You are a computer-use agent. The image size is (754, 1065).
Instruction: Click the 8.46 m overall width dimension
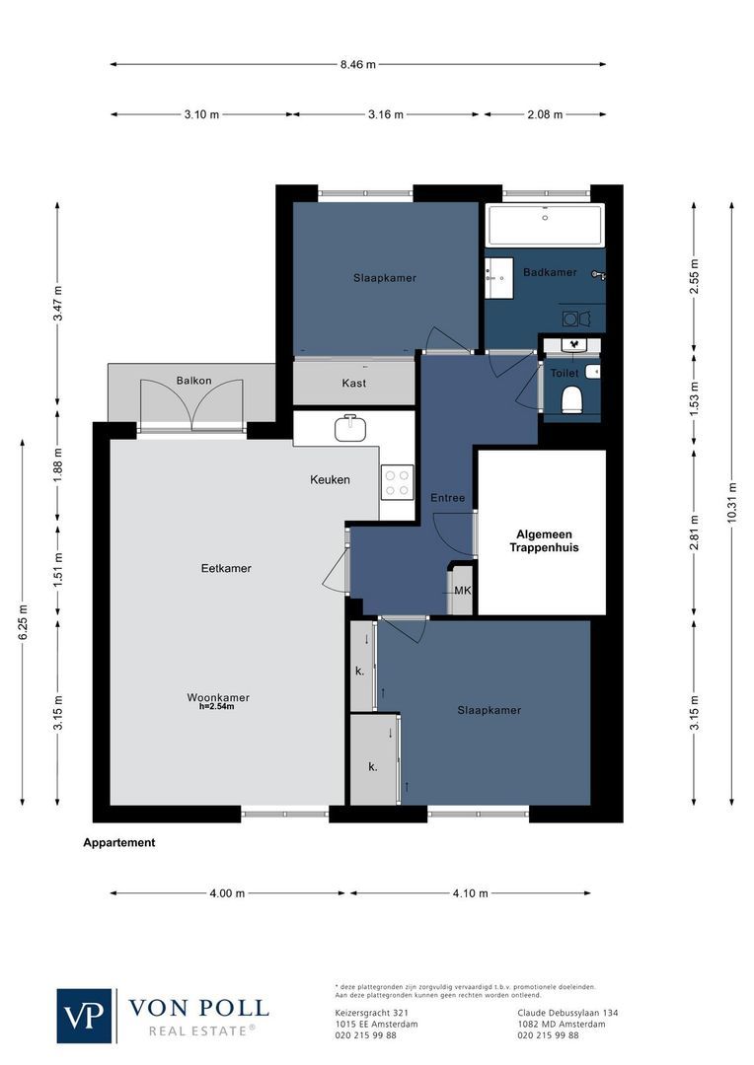click(x=357, y=64)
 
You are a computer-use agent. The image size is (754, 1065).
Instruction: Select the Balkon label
click(x=193, y=381)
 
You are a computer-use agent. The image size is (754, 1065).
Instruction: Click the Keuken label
click(x=330, y=480)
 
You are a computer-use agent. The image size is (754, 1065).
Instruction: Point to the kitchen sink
click(x=348, y=428)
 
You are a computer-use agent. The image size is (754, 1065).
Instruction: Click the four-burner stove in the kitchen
click(x=397, y=482)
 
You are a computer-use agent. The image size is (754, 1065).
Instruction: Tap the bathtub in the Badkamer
click(x=545, y=225)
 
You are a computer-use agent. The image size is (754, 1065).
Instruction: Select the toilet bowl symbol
click(x=571, y=399)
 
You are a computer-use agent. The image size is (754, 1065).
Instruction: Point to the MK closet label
click(x=462, y=592)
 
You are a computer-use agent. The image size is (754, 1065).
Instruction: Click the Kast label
click(x=354, y=383)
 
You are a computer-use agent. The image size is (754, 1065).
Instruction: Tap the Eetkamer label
click(x=226, y=568)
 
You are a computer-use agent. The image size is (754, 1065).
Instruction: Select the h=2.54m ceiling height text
click(x=218, y=706)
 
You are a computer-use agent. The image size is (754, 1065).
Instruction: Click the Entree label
click(x=447, y=498)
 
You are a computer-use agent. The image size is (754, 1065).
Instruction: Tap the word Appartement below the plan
click(x=119, y=843)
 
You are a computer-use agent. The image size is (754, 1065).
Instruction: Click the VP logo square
click(x=85, y=1015)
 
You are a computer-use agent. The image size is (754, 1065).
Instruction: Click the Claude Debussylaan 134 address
click(x=567, y=1013)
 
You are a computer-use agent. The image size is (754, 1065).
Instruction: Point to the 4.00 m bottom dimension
click(x=227, y=893)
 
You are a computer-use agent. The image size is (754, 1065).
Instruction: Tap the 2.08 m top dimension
click(x=544, y=114)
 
